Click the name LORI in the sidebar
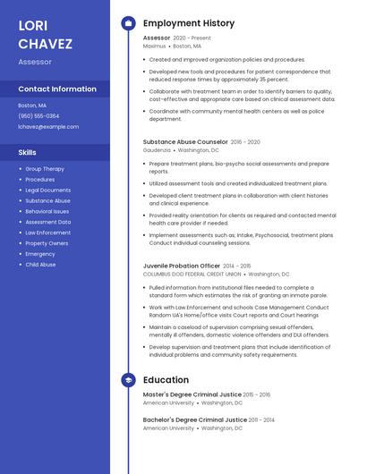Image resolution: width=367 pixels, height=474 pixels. [x=33, y=25]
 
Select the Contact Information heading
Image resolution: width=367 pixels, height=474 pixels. [x=57, y=89]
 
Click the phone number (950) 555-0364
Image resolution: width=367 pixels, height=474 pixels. [x=38, y=116]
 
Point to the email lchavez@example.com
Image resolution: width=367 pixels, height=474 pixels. [x=48, y=127]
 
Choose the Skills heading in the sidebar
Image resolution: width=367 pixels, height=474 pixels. [x=28, y=153]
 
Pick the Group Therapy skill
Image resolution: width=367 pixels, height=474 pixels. [x=45, y=169]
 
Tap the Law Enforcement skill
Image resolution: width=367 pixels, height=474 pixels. [x=48, y=233]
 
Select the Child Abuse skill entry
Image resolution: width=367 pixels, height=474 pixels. [x=40, y=265]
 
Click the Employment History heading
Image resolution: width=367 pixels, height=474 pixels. [x=189, y=23]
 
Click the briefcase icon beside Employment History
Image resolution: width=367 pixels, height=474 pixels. [x=128, y=23]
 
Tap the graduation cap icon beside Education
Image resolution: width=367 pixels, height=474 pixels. [x=128, y=380]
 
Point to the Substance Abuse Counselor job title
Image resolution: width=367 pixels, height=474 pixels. [x=185, y=141]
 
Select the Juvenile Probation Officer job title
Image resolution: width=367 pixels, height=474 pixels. [x=182, y=266]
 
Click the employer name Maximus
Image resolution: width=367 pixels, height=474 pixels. [x=154, y=46]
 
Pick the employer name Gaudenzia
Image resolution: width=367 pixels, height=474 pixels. [x=157, y=150]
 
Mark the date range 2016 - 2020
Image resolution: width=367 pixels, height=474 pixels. [x=245, y=142]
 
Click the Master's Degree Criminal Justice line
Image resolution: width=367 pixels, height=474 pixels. [x=192, y=394]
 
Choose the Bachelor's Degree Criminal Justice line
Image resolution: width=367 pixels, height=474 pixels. [x=195, y=419]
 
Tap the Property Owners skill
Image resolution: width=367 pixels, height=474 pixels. [x=47, y=243]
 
